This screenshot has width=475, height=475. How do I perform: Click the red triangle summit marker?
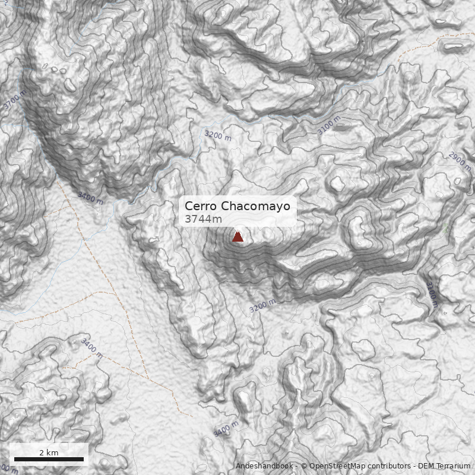(237, 236)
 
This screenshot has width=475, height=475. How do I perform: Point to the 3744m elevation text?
(203, 219)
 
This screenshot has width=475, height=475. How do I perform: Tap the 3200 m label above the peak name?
(218, 135)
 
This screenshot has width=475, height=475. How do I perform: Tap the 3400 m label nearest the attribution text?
(226, 429)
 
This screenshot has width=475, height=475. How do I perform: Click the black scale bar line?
(49, 459)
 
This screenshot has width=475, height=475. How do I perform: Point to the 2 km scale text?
(49, 452)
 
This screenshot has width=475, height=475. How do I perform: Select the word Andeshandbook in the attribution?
(264, 466)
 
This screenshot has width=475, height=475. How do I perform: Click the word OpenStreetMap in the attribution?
(335, 466)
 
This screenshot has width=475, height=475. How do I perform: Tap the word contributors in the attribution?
(387, 466)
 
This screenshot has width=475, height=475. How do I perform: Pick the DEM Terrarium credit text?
(444, 466)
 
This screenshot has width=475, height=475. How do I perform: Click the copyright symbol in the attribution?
(304, 466)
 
